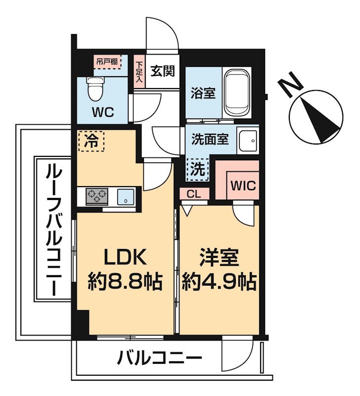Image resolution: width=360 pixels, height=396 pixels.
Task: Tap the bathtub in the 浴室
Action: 237,93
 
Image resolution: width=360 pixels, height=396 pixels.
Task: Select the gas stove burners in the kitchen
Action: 97,196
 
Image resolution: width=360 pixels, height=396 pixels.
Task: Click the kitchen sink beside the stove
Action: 126,197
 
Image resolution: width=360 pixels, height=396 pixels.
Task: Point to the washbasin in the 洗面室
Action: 248,141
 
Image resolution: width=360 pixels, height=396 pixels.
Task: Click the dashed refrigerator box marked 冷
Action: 91,141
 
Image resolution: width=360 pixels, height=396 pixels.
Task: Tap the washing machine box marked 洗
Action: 197,169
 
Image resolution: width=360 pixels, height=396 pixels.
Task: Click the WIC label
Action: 243,186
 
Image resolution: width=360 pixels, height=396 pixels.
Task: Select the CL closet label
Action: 194,194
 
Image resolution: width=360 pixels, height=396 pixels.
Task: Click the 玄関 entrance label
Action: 163,71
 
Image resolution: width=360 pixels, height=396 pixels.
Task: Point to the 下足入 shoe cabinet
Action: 139,72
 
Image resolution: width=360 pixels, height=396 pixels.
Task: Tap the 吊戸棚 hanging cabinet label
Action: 107,61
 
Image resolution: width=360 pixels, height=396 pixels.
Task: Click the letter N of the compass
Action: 290,84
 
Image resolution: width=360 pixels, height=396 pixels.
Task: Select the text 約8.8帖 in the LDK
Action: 125,282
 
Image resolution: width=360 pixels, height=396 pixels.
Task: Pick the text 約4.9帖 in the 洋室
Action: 219,282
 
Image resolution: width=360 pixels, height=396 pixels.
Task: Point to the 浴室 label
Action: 203,93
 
